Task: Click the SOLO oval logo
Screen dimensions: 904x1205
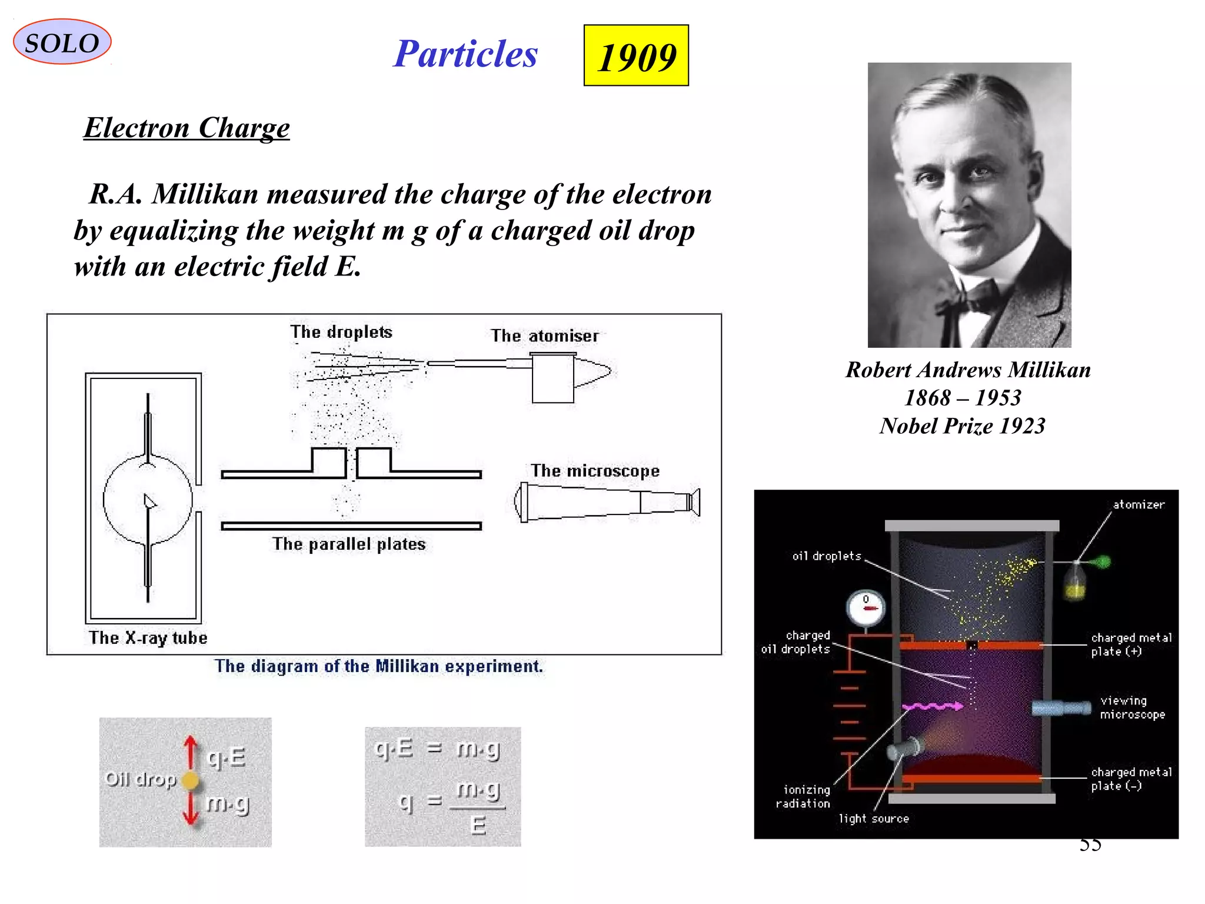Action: pos(62,42)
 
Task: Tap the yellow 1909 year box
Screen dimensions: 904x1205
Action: pos(636,56)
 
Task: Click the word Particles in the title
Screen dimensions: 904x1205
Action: pos(465,54)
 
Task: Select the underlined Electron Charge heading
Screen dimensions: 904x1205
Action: pos(187,128)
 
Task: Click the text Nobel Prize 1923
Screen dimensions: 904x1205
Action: pos(963,426)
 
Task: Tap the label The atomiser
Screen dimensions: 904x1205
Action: pos(545,335)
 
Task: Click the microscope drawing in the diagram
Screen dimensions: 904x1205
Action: pos(606,503)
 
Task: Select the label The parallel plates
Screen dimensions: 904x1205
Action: pos(349,544)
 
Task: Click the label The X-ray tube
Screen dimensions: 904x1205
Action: pos(148,638)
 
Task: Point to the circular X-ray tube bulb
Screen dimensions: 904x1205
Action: pos(148,499)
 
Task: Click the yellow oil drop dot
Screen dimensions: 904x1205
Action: pos(191,780)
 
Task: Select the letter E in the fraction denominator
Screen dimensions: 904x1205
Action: pos(478,826)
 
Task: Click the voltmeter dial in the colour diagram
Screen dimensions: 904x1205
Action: pos(866,608)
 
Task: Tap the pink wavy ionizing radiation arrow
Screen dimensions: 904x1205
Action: pos(933,706)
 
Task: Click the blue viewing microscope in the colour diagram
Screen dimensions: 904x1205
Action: pos(1061,707)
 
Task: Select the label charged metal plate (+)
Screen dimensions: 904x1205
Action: pos(1131,644)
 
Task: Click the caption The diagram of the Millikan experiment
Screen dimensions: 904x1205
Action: pos(378,666)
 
